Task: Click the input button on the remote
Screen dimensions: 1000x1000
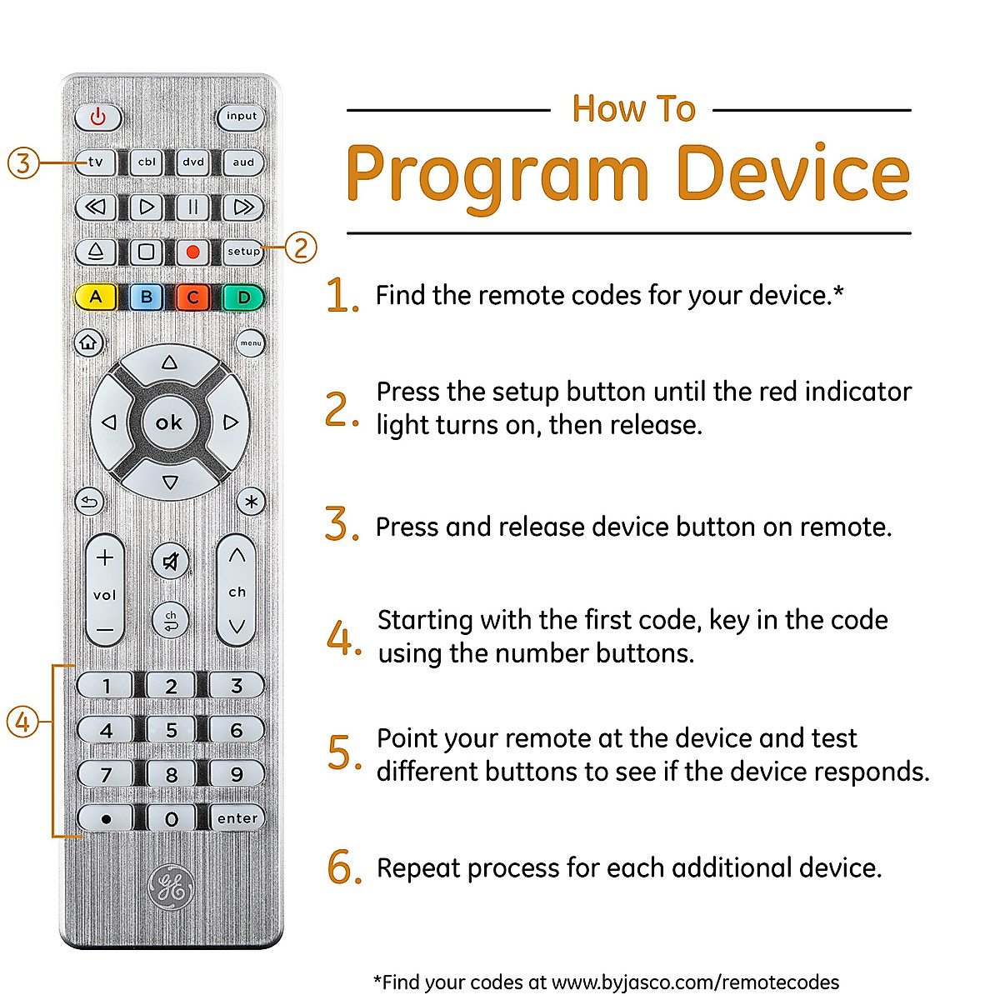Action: [x=241, y=117]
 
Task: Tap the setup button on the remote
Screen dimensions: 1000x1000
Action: [x=242, y=251]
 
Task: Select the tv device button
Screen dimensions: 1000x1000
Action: [x=96, y=162]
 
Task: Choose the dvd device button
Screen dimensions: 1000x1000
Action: [x=193, y=162]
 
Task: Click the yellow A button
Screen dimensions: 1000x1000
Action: [x=96, y=297]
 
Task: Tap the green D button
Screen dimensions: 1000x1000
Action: [x=243, y=297]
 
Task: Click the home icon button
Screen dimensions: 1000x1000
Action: [x=88, y=342]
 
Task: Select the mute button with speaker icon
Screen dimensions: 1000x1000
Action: [x=171, y=562]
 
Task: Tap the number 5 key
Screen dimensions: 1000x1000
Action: [x=171, y=730]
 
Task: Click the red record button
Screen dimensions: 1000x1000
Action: [x=192, y=251]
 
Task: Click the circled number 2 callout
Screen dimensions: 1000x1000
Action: [x=301, y=247]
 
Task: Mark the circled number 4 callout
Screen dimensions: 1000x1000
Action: [x=22, y=722]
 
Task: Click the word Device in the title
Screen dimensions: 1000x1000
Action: [x=792, y=174]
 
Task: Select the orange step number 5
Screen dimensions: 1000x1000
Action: [x=342, y=752]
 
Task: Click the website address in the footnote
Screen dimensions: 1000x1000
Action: [x=695, y=982]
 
